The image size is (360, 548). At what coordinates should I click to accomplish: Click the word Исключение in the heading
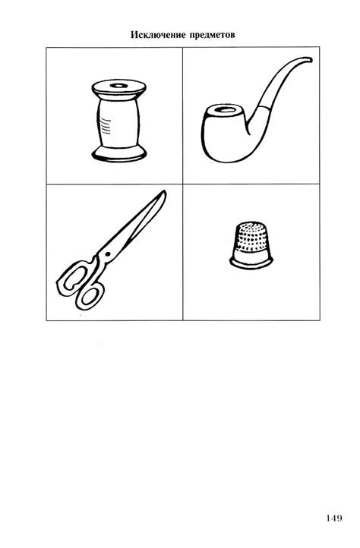[159, 35]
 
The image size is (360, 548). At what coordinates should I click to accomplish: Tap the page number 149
[334, 518]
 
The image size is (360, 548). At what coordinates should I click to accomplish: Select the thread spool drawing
[118, 120]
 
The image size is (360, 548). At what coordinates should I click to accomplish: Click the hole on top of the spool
[118, 85]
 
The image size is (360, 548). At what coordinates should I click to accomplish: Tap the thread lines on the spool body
[105, 126]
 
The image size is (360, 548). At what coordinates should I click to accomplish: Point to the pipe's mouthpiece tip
[310, 60]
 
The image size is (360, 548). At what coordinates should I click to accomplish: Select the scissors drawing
[111, 250]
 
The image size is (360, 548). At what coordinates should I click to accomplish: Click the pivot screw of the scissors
[107, 254]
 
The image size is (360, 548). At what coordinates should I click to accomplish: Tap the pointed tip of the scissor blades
[164, 191]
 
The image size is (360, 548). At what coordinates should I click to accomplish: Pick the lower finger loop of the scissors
[90, 296]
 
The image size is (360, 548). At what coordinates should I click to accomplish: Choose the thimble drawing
[251, 245]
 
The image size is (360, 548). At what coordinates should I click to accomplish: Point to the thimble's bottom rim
[251, 263]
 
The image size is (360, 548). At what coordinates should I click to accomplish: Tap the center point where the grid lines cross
[183, 184]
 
